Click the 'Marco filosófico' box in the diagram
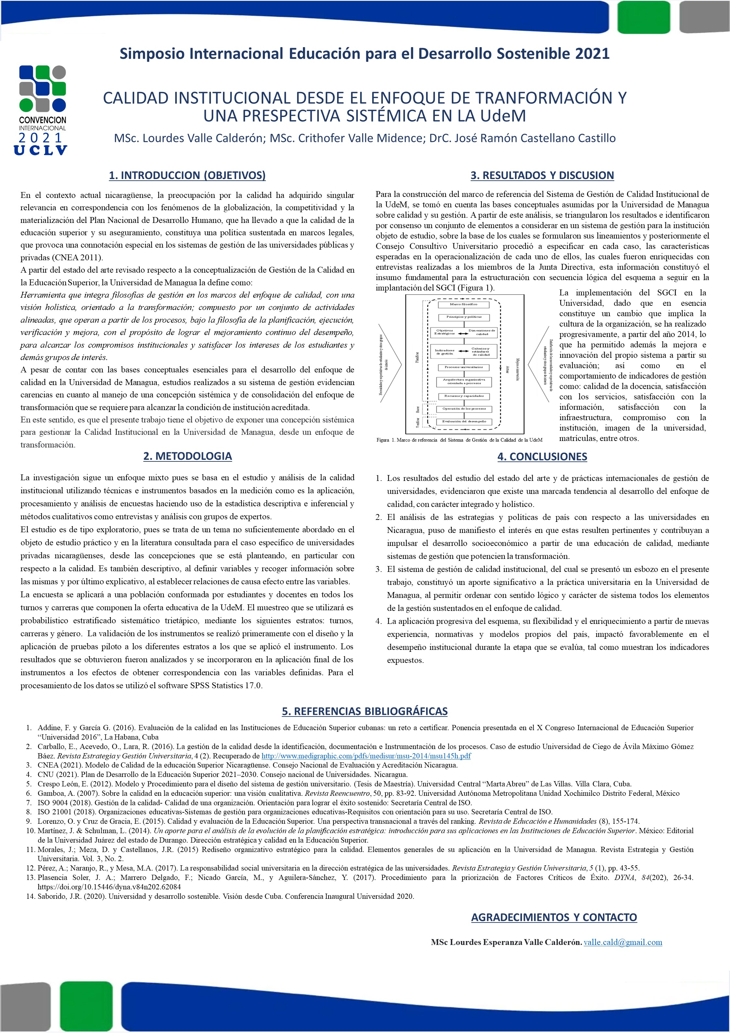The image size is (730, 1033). coord(463,304)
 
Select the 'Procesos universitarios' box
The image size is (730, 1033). coord(463,367)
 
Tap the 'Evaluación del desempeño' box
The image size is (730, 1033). coord(463,421)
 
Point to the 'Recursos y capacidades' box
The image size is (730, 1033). coord(463,396)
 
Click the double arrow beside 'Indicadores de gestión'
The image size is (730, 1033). coord(463,351)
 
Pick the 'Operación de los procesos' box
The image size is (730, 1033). coord(463,409)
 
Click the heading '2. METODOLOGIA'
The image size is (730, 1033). coord(187,456)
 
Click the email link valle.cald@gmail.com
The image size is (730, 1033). coord(622,942)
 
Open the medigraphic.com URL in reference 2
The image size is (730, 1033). coord(366,755)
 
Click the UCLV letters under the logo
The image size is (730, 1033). coord(41,150)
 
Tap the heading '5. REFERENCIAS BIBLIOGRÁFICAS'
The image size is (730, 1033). coord(365,711)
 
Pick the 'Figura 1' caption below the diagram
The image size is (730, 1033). coord(459,440)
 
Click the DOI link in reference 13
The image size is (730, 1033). coord(109,887)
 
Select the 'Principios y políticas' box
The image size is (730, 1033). coord(463,317)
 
